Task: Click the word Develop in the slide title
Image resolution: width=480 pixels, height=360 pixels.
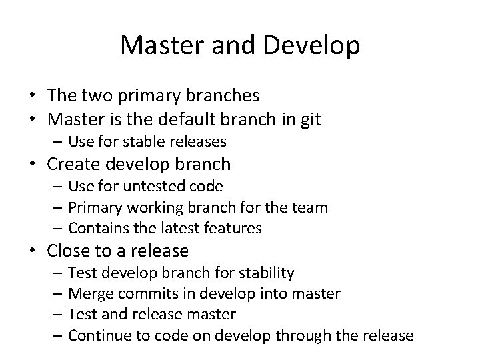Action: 313,45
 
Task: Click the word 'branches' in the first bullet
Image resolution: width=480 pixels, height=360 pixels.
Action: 223,97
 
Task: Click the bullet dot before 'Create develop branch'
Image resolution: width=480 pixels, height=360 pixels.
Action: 33,164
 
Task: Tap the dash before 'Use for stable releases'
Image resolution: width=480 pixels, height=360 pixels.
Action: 59,141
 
